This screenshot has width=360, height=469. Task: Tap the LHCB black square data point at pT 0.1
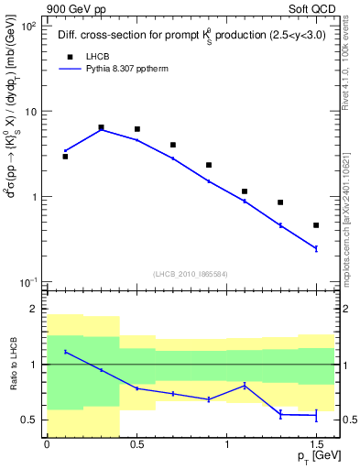[65, 157]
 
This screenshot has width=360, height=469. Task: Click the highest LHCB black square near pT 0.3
[101, 127]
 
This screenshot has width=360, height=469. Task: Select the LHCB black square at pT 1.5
[316, 225]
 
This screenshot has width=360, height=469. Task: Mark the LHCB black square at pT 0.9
[209, 165]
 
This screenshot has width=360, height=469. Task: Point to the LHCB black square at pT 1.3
[280, 202]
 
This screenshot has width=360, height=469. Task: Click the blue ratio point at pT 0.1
[65, 352]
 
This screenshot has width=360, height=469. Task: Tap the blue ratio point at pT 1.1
[245, 386]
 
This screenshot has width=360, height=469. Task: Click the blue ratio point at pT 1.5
[316, 416]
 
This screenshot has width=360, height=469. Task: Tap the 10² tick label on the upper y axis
[29, 27]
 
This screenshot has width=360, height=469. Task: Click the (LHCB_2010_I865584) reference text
[190, 274]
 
